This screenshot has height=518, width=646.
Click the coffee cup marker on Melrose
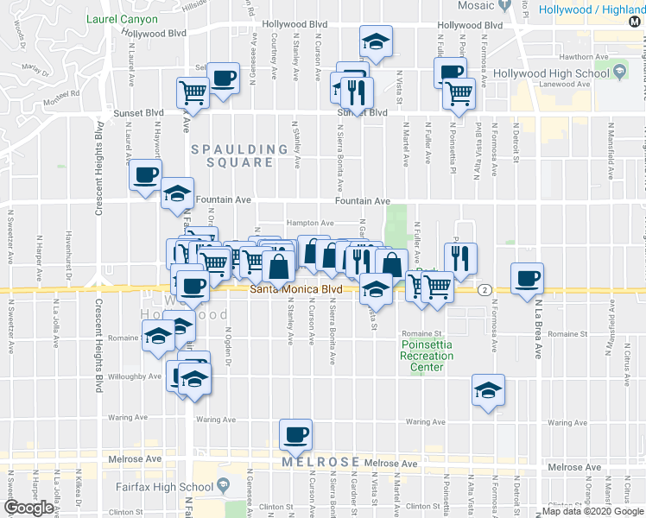tap(295, 433)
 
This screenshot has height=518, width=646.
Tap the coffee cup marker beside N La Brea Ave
tap(527, 278)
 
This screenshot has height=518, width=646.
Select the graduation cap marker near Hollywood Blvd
tap(376, 42)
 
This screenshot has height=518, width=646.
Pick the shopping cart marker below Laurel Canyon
tap(193, 92)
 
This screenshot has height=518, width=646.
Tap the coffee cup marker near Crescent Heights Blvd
tap(145, 176)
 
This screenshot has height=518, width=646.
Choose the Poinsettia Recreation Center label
tap(426, 356)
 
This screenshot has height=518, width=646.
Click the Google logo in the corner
tap(28, 508)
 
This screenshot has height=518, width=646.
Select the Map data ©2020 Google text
tap(592, 511)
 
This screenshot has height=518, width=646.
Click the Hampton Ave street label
tap(311, 223)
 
